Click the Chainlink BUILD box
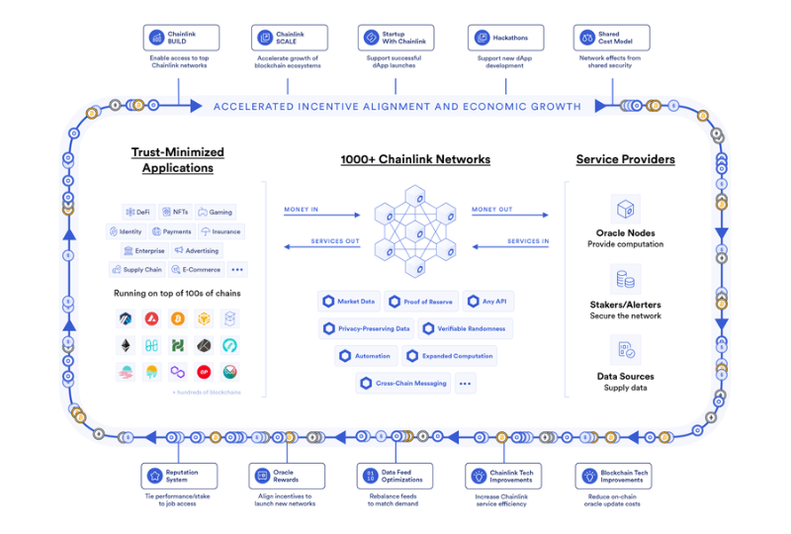click(x=180, y=38)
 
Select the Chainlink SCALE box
click(x=289, y=38)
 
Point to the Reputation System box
click(x=179, y=476)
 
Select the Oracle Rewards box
click(x=286, y=476)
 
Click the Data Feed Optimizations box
click(x=395, y=476)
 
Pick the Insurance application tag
click(x=220, y=231)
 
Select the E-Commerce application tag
click(x=196, y=269)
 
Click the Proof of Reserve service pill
click(x=422, y=302)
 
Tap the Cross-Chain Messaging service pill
click(x=403, y=383)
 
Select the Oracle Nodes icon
click(x=624, y=209)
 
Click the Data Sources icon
click(x=625, y=350)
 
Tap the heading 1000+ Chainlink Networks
click(x=414, y=158)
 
